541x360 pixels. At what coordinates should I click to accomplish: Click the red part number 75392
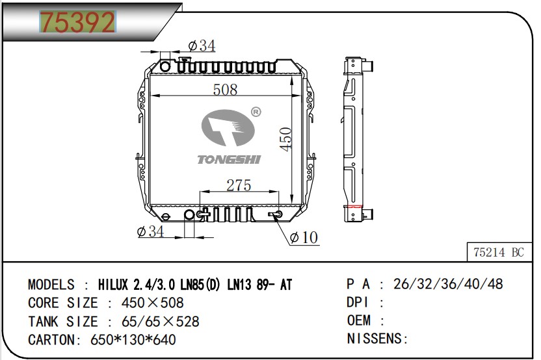[x=77, y=21]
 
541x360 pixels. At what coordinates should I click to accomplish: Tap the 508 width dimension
[x=225, y=90]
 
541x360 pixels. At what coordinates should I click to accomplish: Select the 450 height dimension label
[x=286, y=139]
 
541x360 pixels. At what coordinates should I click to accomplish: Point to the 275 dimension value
[x=239, y=185]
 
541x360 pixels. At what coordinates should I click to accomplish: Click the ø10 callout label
[x=304, y=237]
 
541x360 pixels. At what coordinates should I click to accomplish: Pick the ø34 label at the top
[x=202, y=45]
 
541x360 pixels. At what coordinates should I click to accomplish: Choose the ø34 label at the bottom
[x=150, y=231]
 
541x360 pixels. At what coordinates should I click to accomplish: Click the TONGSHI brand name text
[x=229, y=159]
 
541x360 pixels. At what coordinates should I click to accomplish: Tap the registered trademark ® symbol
[x=256, y=112]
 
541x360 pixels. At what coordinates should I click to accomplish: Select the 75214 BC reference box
[x=499, y=252]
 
